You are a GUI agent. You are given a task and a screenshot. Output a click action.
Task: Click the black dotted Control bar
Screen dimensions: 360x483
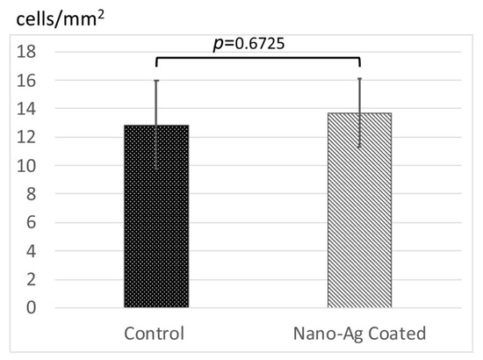pyautogui.click(x=156, y=217)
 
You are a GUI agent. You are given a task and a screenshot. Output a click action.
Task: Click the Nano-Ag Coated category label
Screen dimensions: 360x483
pyautogui.click(x=360, y=334)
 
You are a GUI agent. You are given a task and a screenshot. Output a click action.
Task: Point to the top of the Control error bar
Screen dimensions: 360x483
pyautogui.click(x=156, y=81)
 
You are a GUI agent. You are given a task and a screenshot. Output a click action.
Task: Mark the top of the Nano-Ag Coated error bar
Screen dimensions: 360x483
pyautogui.click(x=360, y=78)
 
